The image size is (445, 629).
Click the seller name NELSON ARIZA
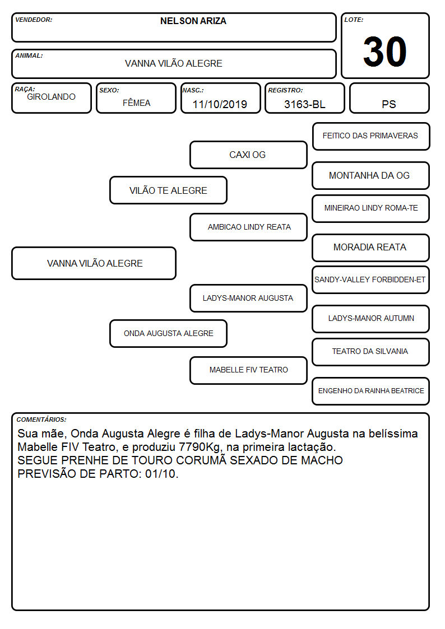click(193, 21)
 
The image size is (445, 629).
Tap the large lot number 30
click(385, 52)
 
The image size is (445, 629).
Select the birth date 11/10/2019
click(220, 104)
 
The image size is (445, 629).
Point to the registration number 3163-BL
click(304, 104)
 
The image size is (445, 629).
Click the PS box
click(389, 98)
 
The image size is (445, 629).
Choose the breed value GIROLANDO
click(52, 97)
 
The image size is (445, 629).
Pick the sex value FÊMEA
click(136, 102)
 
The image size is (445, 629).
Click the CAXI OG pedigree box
click(248, 155)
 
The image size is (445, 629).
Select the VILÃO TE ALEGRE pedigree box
click(168, 190)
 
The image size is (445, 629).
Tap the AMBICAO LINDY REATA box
click(248, 227)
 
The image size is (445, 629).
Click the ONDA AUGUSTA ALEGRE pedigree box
click(168, 333)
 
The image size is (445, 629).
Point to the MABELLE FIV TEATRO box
click(248, 370)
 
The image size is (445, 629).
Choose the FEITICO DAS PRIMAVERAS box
click(371, 137)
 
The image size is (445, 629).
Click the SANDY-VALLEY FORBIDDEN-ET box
click(371, 280)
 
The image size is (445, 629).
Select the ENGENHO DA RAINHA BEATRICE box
click(371, 391)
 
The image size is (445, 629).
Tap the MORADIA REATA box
click(371, 248)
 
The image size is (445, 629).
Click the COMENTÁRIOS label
click(41, 420)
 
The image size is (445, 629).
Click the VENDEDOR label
click(34, 20)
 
